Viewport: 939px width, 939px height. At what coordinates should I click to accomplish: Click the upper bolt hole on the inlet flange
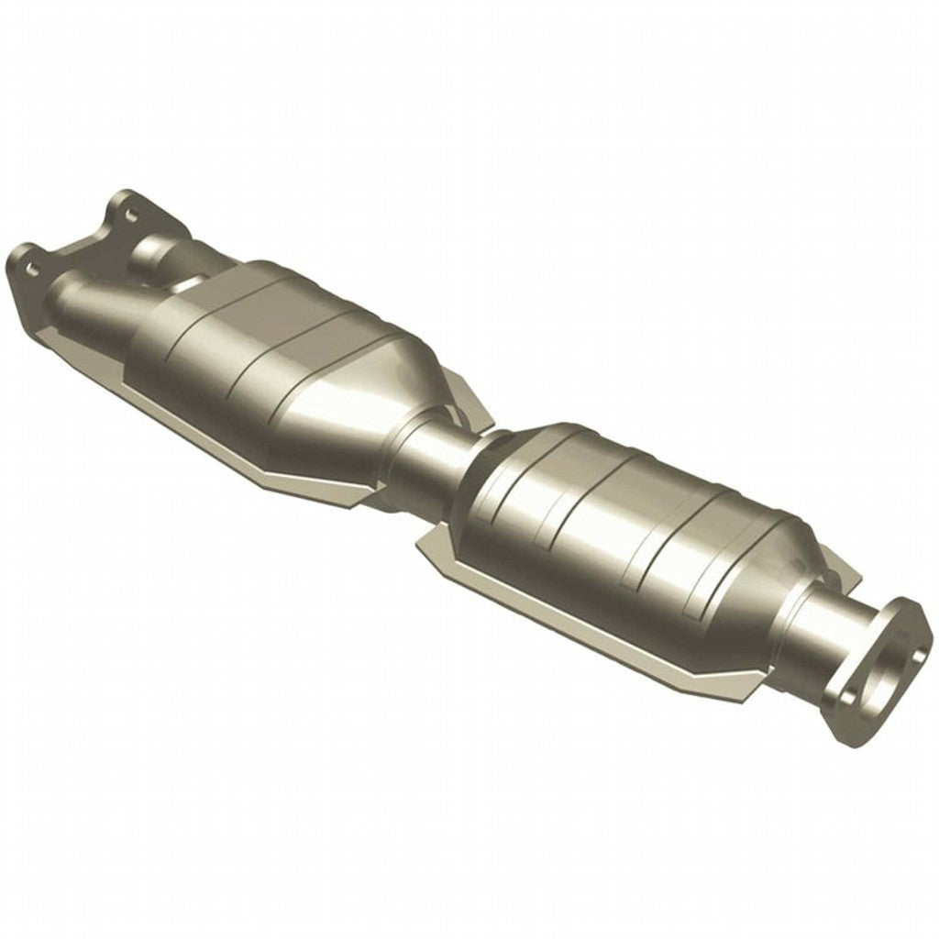[x=128, y=214]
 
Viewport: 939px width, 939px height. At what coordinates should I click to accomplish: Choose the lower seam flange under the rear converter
[x=587, y=633]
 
